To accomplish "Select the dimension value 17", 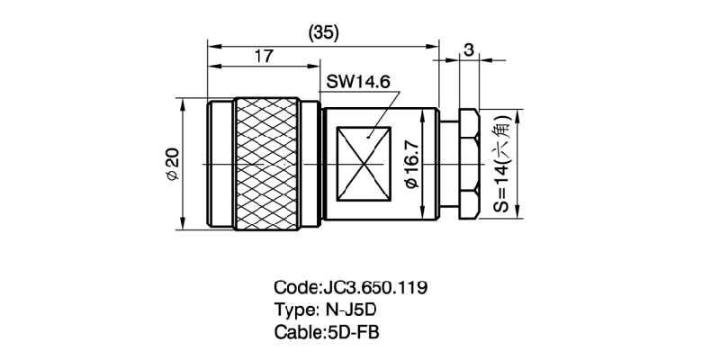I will coord(264,56).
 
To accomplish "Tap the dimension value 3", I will coord(468,50).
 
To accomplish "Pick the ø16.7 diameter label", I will coord(411,165).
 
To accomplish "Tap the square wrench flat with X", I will coord(364,165).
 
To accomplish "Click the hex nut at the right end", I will coord(468,165).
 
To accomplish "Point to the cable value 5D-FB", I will coord(353,331).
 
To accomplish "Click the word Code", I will coord(294,288).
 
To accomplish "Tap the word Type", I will coord(293,310).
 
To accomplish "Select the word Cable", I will coord(296,331).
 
